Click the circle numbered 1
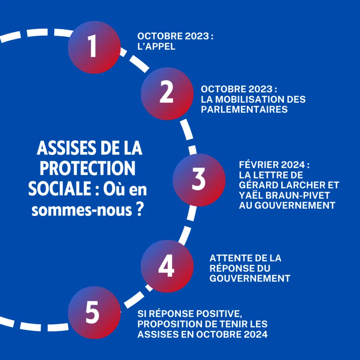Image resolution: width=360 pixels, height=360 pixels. point(94,47)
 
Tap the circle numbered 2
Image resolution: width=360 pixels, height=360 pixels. point(167,94)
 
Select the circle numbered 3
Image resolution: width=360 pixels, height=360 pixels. point(199,180)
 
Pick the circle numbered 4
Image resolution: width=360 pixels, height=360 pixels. point(167,266)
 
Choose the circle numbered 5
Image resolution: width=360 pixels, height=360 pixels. point(94,313)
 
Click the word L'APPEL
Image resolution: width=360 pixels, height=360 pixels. point(156,47)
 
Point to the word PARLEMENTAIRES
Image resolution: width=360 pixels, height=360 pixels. point(244,109)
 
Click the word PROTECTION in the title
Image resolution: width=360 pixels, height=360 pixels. point(87,169)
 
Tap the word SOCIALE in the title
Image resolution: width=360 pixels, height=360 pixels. point(57,189)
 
